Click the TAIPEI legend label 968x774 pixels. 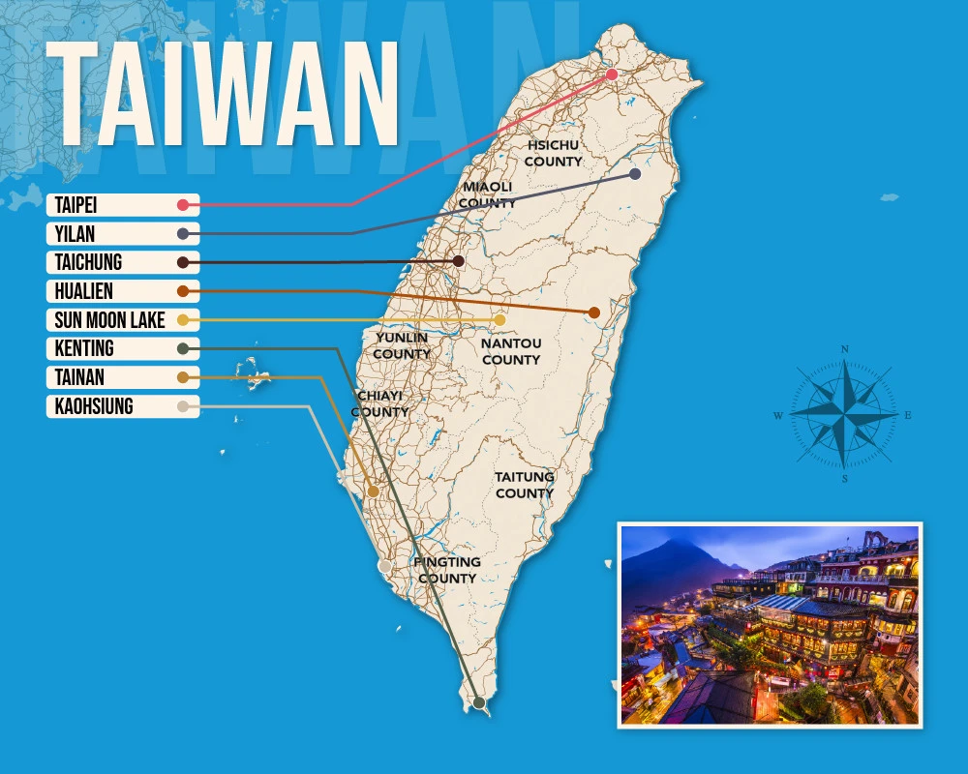tap(76, 205)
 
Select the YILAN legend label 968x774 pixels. tap(76, 234)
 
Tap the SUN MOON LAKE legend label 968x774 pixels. tap(108, 320)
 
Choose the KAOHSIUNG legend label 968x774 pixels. tap(94, 407)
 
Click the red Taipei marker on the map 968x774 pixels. tap(612, 74)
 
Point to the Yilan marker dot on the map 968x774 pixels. tap(635, 174)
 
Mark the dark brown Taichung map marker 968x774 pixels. tap(459, 261)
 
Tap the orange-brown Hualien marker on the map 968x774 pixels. tap(594, 313)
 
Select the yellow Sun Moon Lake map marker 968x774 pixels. tap(499, 320)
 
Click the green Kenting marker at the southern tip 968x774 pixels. tap(478, 702)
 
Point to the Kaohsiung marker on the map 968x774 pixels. tap(385, 566)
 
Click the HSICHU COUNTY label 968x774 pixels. tap(553, 153)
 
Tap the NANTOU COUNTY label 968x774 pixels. tap(511, 351)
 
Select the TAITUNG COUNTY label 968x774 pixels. tap(525, 485)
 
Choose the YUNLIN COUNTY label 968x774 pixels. tap(402, 345)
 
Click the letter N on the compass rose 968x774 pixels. tap(845, 349)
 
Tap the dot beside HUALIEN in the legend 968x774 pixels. tap(183, 291)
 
